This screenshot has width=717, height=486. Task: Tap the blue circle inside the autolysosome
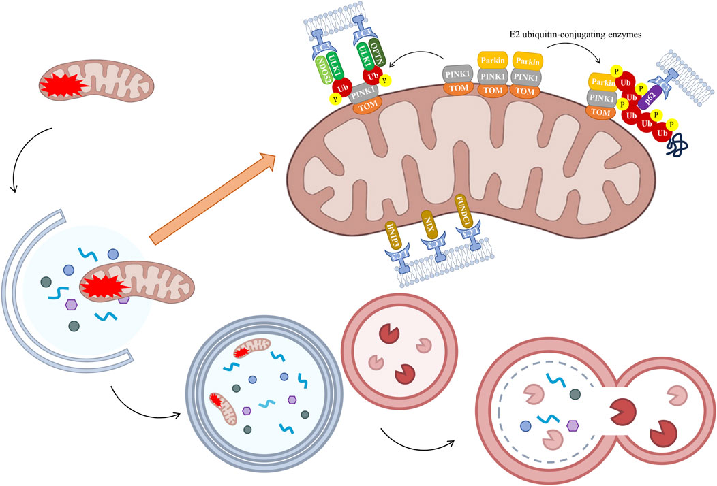click(526, 426)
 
